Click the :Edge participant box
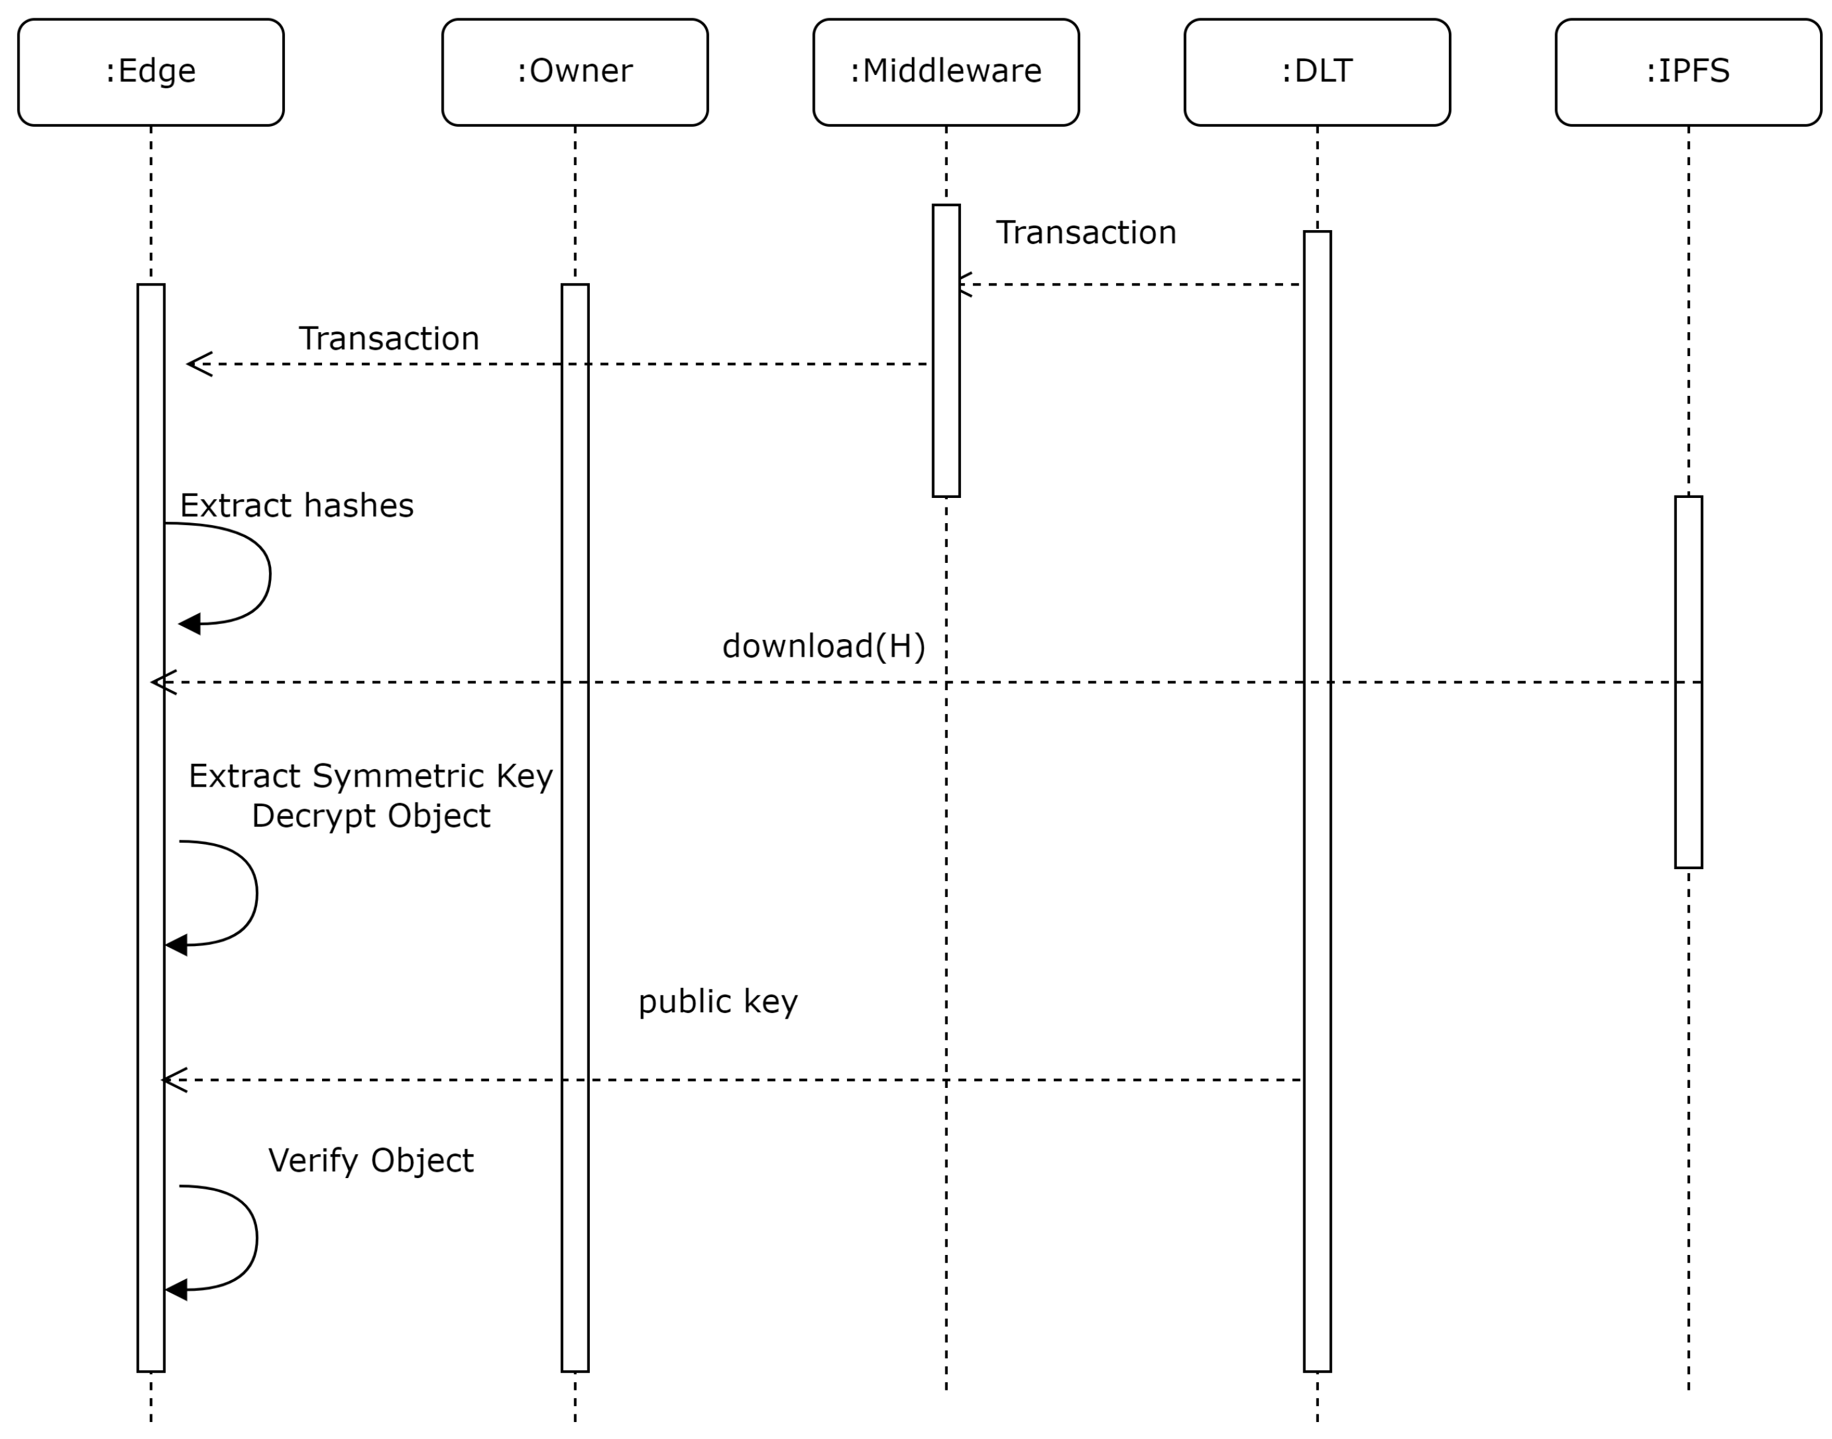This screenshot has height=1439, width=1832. point(151,72)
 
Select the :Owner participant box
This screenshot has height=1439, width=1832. point(575,72)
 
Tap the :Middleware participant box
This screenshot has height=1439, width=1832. point(945,72)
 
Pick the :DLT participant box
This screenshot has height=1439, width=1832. point(1316,72)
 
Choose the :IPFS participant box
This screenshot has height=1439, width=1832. point(1687,72)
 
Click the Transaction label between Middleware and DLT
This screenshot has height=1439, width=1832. point(1085,233)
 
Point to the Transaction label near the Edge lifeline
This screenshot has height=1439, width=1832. point(388,338)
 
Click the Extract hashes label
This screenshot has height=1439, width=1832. point(296,506)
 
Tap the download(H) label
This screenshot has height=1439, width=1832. point(823,646)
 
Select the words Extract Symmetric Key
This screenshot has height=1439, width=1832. point(370,776)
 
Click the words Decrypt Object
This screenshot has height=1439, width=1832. point(370,816)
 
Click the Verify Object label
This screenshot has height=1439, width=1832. point(370,1160)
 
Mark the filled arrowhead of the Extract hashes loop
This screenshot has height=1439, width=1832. point(190,624)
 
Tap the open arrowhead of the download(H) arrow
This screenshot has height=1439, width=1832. point(163,683)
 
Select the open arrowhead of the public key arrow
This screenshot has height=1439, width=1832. point(173,1080)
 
